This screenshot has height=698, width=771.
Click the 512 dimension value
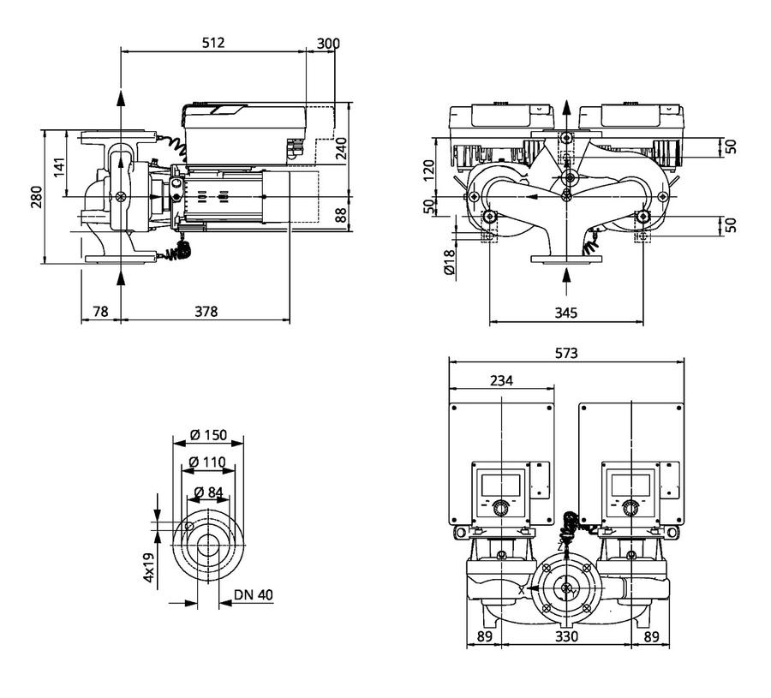213,43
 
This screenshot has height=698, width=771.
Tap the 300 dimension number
328,44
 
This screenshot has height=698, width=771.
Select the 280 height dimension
37,197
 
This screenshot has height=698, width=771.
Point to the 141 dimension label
59,168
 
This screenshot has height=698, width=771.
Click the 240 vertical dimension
341,148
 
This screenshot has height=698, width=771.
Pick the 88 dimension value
341,215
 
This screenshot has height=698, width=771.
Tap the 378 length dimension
206,311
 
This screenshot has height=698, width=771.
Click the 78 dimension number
100,311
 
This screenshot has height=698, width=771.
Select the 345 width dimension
566,313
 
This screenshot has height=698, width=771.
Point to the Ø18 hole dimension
450,262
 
